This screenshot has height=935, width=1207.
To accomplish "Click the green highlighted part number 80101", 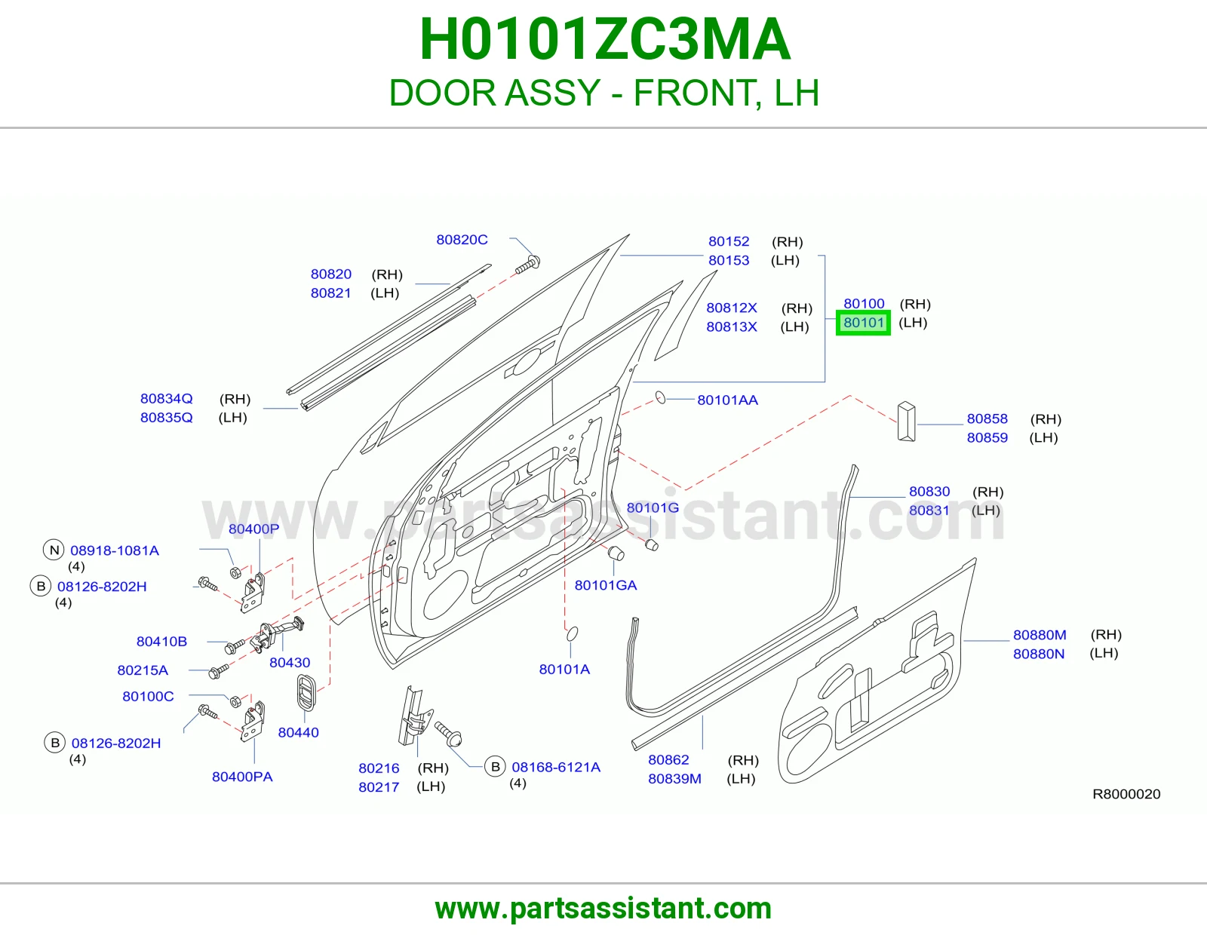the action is tap(863, 323).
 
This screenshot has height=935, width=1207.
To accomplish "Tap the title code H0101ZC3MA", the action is tap(604, 39).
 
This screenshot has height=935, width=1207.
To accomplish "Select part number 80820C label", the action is tap(462, 239).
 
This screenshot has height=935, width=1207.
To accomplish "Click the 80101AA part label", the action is tap(728, 400).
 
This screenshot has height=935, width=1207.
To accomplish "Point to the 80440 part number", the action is tap(298, 732).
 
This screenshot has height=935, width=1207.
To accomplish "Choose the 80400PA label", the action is tap(242, 777).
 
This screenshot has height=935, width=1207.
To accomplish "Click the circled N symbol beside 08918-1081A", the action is tap(54, 550).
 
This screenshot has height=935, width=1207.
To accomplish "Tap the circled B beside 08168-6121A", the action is tap(496, 767).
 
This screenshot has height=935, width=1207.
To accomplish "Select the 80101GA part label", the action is tap(606, 585).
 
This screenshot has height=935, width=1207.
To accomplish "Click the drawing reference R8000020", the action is tap(1126, 794).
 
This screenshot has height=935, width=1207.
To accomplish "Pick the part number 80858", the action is tap(987, 418).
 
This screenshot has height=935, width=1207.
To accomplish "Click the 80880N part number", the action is tap(1039, 654).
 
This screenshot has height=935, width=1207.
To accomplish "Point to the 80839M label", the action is tap(674, 778).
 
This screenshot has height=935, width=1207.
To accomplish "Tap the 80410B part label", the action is tap(161, 641).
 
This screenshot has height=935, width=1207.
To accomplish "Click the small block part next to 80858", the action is tap(907, 422).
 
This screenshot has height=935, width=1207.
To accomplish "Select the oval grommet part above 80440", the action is tap(306, 692).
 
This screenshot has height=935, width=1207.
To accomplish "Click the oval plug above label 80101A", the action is tap(572, 633).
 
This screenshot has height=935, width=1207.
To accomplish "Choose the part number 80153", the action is tap(729, 260).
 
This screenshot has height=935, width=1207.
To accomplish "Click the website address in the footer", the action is tap(603, 909).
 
